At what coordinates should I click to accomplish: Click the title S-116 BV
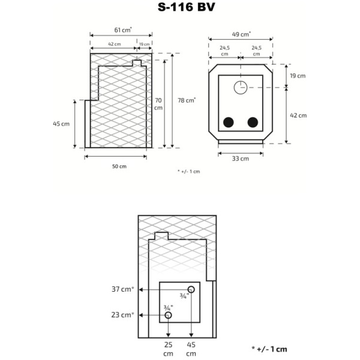click(179, 8)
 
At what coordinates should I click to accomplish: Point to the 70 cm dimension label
click(158, 104)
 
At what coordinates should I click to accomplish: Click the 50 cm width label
click(119, 166)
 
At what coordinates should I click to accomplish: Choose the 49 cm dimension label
click(241, 34)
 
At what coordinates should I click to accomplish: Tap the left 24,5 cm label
click(224, 50)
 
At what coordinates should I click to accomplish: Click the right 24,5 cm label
click(256, 50)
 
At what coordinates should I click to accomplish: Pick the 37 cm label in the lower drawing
click(122, 289)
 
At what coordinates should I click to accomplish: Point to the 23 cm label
click(122, 315)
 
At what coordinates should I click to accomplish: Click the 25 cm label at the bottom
click(169, 349)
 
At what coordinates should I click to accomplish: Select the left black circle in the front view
click(229, 122)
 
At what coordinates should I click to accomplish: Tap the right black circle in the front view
click(253, 122)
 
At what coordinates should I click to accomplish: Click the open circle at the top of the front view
click(240, 87)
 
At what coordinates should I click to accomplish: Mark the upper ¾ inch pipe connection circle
click(192, 288)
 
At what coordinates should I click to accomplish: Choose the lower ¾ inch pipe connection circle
click(169, 315)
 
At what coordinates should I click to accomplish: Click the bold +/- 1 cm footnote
click(269, 349)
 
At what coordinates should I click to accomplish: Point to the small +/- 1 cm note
click(188, 172)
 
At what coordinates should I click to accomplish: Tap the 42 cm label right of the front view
click(298, 115)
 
